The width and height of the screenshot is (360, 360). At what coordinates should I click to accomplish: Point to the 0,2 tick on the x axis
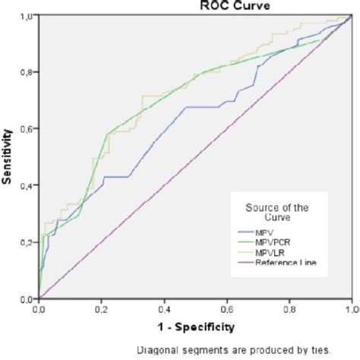pyautogui.click(x=101, y=309)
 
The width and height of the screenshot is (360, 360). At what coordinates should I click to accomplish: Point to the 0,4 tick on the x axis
pyautogui.click(x=163, y=309)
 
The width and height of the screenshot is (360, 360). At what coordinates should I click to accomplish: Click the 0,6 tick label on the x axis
pyautogui.click(x=226, y=309)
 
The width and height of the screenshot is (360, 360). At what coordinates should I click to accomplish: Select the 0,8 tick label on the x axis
pyautogui.click(x=289, y=309)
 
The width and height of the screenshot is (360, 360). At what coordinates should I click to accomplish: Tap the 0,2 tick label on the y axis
pyautogui.click(x=27, y=242)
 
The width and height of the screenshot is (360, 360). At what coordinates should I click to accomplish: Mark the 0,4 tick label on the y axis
pyautogui.click(x=27, y=186)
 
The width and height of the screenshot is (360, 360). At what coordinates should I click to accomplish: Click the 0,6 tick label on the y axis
pyautogui.click(x=27, y=129)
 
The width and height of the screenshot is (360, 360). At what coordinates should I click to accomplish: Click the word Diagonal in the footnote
pyautogui.click(x=157, y=350)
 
